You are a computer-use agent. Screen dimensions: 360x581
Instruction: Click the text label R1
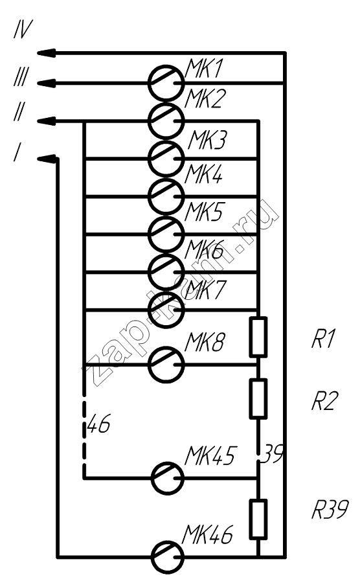point(322,339)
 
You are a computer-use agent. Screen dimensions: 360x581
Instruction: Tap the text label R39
point(330,510)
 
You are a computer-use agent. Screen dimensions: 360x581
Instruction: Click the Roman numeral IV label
point(23,29)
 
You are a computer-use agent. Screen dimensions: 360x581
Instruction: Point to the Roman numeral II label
point(19,111)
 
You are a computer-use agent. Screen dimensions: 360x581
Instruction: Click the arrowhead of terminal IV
point(47,53)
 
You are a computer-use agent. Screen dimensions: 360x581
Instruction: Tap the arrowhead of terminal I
point(47,159)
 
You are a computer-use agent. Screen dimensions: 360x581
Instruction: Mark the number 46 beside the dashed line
point(99,423)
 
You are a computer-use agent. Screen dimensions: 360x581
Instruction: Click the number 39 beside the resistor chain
point(273,454)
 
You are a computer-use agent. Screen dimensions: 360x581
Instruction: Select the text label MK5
point(204,212)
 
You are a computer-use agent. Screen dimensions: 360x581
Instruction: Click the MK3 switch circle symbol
point(166,159)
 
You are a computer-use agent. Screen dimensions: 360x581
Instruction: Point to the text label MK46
point(208,534)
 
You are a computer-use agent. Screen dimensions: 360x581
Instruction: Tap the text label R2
point(325,401)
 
